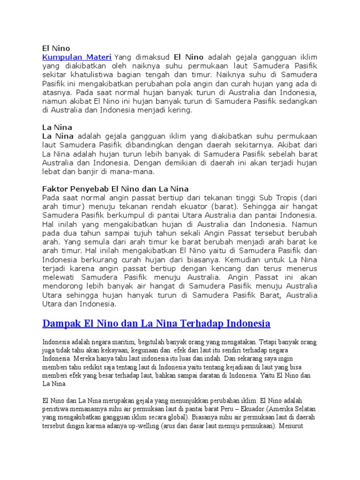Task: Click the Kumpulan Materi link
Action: tap(77, 57)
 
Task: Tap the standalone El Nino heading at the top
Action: tap(56, 48)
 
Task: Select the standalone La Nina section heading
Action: tap(57, 127)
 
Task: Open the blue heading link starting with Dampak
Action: tap(156, 323)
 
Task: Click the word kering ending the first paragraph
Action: tap(180, 111)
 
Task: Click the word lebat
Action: tap(52, 172)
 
